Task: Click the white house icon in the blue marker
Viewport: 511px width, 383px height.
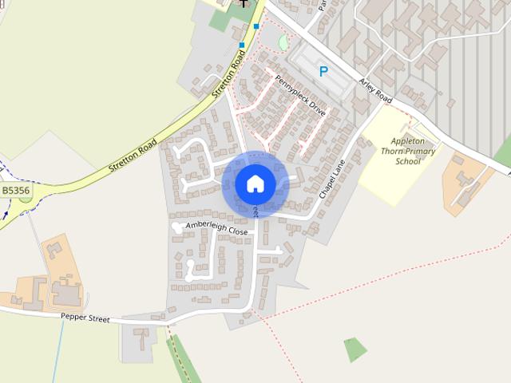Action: click(255, 184)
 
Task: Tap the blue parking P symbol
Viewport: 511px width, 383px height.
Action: click(323, 71)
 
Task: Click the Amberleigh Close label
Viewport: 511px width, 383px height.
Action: click(216, 228)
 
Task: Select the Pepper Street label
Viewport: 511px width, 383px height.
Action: click(85, 317)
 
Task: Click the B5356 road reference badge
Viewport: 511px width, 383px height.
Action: click(16, 191)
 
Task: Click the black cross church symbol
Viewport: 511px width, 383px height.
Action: click(244, 4)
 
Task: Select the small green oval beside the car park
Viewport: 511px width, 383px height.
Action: click(283, 42)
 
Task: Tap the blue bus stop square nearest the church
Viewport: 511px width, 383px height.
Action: click(256, 26)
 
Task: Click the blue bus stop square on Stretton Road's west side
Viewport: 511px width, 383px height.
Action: click(241, 45)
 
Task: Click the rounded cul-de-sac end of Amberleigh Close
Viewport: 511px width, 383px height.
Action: click(176, 227)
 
